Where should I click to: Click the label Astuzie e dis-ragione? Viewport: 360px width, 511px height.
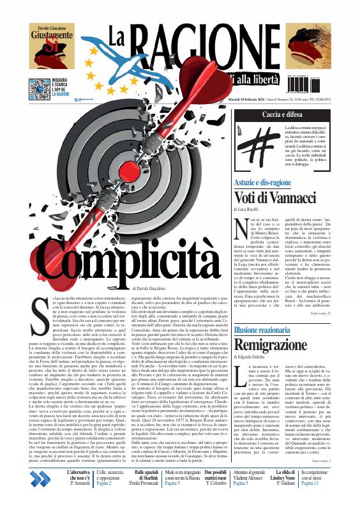coord(263,182)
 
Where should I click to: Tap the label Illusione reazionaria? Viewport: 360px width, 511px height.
coord(262,312)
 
